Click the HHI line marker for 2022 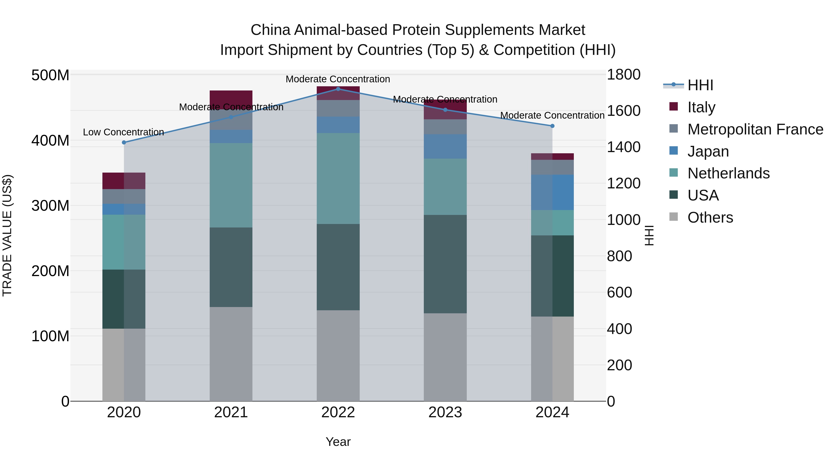point(338,89)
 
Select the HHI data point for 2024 point(552,126)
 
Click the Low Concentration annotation point(123,132)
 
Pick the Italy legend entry point(701,107)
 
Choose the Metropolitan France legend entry point(755,129)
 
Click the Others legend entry point(710,217)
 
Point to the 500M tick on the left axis point(50,75)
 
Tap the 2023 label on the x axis point(445,412)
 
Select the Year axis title point(338,442)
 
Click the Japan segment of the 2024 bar point(552,192)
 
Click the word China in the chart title point(271,30)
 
